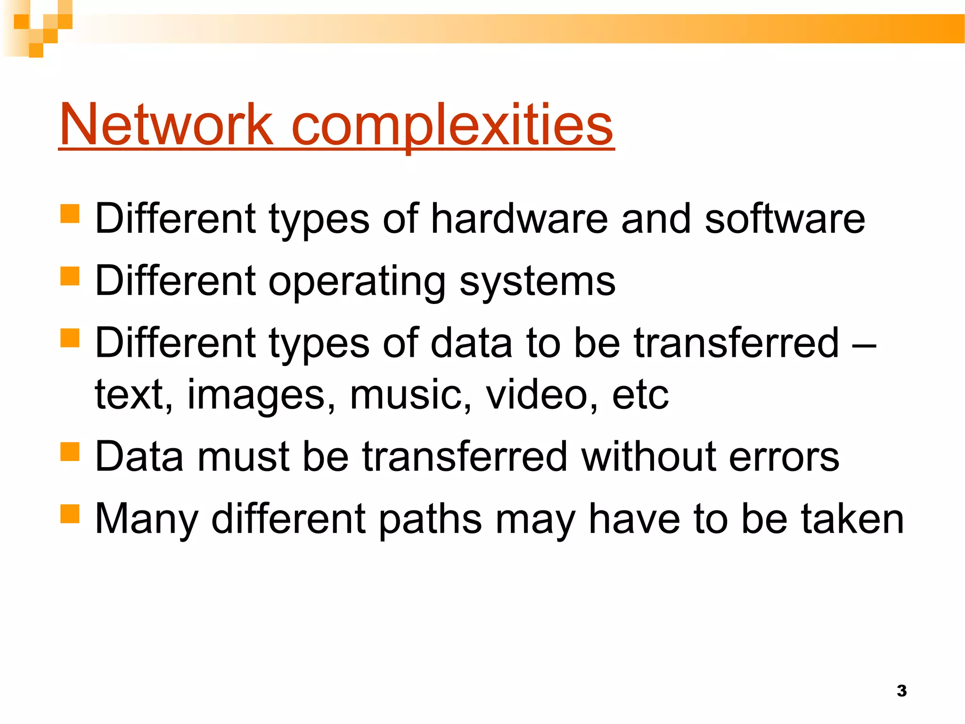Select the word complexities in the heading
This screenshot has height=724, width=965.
(x=452, y=125)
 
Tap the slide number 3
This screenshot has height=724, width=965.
(x=901, y=691)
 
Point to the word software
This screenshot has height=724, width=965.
(x=785, y=219)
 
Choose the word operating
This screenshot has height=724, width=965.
(x=357, y=281)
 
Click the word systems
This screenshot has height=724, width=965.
(x=537, y=281)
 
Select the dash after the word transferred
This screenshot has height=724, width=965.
(x=865, y=344)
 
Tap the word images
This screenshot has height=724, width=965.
(x=261, y=395)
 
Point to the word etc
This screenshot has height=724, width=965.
(x=640, y=395)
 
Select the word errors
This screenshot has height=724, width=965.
(x=784, y=457)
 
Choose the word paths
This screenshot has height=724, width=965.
(x=430, y=519)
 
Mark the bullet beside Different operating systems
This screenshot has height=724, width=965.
(x=70, y=276)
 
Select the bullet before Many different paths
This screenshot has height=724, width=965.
(x=70, y=514)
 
